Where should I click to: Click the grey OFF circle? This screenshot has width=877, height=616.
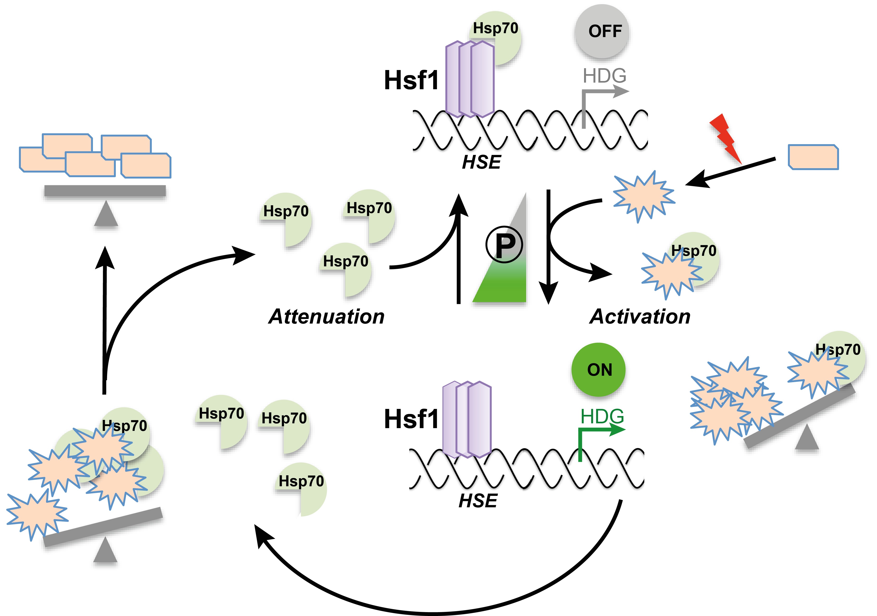point(602,31)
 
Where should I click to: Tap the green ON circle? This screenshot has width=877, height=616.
point(598,369)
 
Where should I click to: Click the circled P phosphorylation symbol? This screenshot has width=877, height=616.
point(504,244)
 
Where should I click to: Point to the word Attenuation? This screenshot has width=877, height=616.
point(327,317)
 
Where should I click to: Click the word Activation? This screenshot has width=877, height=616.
point(640,317)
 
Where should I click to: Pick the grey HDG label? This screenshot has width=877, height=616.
point(604,76)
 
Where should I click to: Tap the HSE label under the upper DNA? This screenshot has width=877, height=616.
point(481,162)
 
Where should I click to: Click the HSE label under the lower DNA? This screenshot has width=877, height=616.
point(478,501)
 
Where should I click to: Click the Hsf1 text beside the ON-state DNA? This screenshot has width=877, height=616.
point(411,419)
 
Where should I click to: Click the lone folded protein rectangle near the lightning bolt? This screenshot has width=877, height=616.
point(813,157)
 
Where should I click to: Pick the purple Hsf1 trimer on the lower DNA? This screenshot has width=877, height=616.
point(467,419)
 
